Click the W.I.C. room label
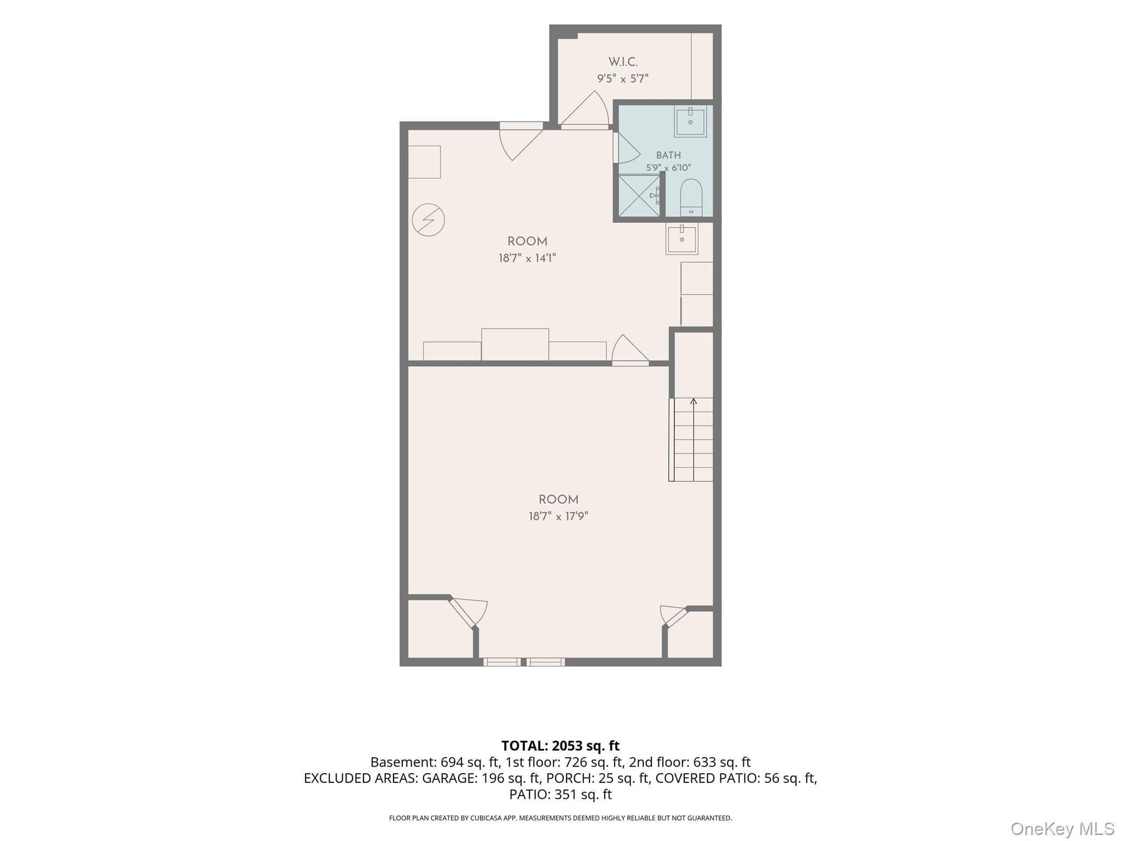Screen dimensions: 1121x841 pos(623,62)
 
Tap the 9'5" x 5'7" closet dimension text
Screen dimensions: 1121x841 pos(623,78)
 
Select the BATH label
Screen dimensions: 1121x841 pos(668,155)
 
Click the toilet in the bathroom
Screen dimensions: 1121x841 pos(691,197)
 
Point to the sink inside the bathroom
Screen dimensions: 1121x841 pos(690,121)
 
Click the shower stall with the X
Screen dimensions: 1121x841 pos(639,195)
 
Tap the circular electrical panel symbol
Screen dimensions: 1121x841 pos(428,220)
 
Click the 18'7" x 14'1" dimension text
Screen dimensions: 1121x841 pos(527,258)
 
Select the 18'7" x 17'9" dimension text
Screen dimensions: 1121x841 pos(558,516)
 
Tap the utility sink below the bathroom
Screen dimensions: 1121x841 pos(682,239)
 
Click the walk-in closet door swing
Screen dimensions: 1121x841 pos(585,110)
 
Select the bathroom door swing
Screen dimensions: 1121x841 pos(626,148)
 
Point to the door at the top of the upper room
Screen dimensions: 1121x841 pos(521,141)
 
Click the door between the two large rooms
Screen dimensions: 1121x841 pos(631,350)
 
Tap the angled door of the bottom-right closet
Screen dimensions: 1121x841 pos(674,616)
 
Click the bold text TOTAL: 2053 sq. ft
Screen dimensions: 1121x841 pos(560,746)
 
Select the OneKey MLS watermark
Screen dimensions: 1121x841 pos(1062,829)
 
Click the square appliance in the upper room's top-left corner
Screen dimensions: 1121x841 pos(424,162)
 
